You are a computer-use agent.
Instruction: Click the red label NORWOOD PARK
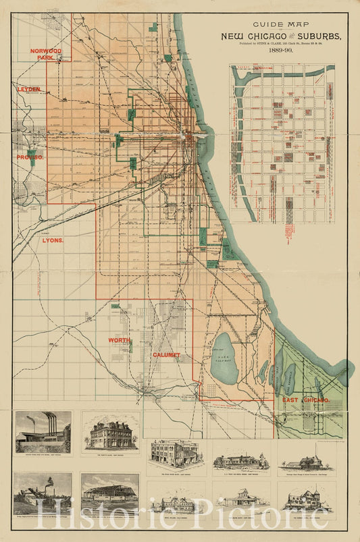(45, 54)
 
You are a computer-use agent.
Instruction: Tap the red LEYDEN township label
(29, 89)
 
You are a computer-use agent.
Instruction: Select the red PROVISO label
(30, 157)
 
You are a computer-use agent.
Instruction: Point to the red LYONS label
(53, 240)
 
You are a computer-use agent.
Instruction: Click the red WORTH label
(119, 340)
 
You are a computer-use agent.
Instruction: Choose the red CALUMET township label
(166, 354)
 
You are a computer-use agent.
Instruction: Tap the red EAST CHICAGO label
(305, 400)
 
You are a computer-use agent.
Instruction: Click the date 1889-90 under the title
(279, 50)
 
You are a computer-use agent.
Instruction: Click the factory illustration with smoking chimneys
(43, 432)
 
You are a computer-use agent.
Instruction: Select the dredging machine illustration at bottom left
(43, 491)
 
